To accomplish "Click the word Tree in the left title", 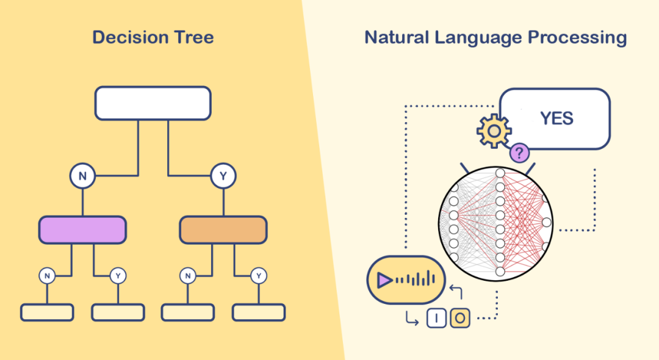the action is (x=194, y=37).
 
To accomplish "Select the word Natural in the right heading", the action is (x=397, y=37).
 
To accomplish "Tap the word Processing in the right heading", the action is (x=577, y=38).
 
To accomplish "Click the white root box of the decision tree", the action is (x=153, y=103).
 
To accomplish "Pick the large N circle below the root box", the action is (x=82, y=176).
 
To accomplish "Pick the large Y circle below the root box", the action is (x=223, y=176).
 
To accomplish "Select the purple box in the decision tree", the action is (x=82, y=230).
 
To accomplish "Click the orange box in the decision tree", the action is (x=223, y=230).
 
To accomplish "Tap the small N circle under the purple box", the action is (x=47, y=276).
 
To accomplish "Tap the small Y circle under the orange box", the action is (x=259, y=276).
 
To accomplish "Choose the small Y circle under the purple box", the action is (x=118, y=276).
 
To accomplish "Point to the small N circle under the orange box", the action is (x=188, y=276).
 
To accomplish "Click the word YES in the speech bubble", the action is (x=557, y=118).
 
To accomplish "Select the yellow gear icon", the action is (x=494, y=131).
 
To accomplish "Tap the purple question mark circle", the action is (x=519, y=153).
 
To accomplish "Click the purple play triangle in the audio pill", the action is (x=384, y=280).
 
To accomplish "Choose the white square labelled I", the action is (x=436, y=318).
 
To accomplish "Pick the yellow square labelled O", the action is (x=460, y=318).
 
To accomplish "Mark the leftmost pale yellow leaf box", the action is (x=47, y=312).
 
